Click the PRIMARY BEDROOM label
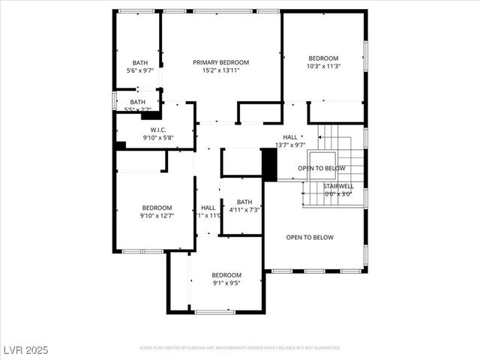[220, 62]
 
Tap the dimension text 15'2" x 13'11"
[220, 70]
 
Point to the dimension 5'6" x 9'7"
[139, 70]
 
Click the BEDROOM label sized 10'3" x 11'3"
[323, 58]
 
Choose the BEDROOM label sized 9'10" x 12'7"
[157, 208]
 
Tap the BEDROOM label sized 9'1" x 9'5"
[226, 275]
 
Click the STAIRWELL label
[338, 186]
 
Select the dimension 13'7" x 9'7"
[289, 145]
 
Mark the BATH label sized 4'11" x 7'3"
[244, 202]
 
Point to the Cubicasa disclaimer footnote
[240, 348]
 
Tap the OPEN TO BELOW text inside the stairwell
[322, 169]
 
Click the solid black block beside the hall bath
[269, 164]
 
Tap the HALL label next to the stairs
[289, 136]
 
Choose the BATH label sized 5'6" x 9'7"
[139, 62]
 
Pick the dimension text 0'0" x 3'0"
[338, 194]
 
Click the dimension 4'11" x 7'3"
[244, 210]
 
